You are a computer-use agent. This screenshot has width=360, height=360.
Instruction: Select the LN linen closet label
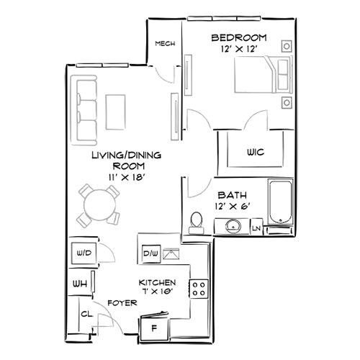(256, 229)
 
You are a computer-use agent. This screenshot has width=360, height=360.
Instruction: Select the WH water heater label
(79, 284)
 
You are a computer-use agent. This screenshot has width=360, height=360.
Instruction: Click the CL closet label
(86, 314)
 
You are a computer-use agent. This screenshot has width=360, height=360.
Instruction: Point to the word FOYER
(121, 303)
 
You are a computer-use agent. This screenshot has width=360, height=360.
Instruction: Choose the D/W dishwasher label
(150, 253)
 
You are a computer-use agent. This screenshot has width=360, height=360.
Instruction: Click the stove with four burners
(198, 289)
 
